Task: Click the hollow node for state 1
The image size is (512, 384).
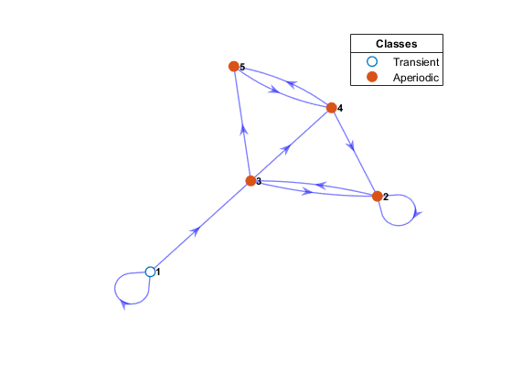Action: [x=150, y=272]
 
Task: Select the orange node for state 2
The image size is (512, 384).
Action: [x=377, y=197]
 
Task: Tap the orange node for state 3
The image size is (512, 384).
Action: [x=251, y=181]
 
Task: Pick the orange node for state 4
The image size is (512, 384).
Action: [x=331, y=108]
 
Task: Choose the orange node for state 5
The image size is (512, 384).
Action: [x=234, y=66]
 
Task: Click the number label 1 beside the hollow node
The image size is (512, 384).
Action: [x=158, y=272]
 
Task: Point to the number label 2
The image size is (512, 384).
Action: [x=386, y=197]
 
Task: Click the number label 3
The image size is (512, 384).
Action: [x=259, y=181]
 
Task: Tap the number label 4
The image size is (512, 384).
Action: [x=340, y=108]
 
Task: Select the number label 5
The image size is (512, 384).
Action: [x=242, y=67]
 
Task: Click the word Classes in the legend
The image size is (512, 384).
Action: [x=397, y=44]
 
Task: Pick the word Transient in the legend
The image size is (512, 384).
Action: [x=416, y=62]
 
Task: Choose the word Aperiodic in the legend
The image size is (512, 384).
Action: [x=416, y=78]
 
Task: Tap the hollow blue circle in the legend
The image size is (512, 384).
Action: [x=372, y=61]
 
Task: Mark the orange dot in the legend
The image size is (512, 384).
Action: [x=372, y=77]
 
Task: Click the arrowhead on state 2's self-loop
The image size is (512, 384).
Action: [x=417, y=214]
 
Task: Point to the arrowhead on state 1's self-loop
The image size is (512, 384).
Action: [x=123, y=304]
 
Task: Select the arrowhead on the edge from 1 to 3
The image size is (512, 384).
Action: [x=196, y=230]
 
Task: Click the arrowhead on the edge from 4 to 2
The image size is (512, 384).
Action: [x=351, y=146]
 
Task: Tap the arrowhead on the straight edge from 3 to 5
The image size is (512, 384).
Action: [x=243, y=129]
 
